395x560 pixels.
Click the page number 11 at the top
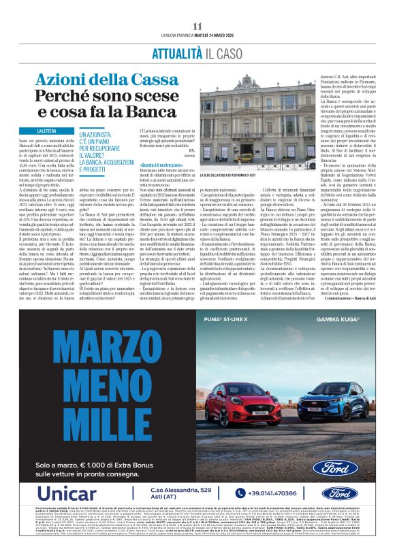pyautogui.click(x=197, y=26)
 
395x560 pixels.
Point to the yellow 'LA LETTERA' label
pyautogui.click(x=50, y=131)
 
